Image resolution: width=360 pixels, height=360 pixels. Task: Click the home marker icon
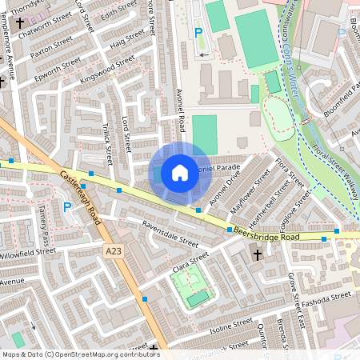180,172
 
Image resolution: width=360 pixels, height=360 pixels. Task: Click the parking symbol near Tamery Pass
67,206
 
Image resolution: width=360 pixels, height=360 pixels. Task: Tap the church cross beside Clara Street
257,254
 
